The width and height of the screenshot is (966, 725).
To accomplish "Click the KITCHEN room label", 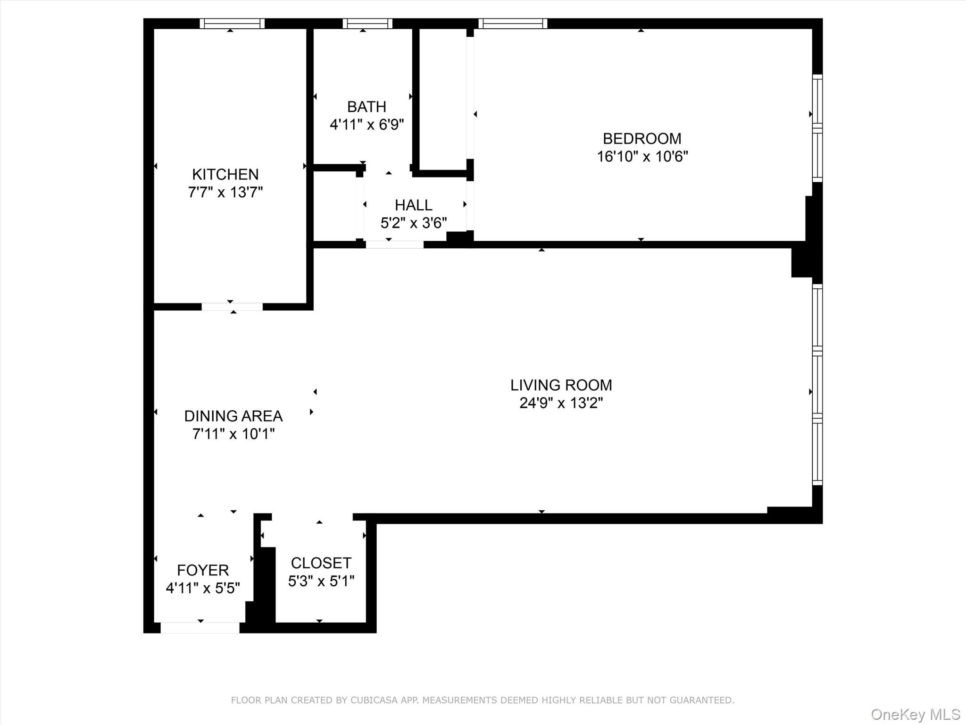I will click(x=225, y=175).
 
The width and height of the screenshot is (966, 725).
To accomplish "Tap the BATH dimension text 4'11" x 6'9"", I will click(x=366, y=125).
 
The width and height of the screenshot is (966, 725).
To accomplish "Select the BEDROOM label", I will click(x=642, y=139).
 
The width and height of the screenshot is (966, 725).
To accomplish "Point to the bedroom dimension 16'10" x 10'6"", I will click(x=642, y=157).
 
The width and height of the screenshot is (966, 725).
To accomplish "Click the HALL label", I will click(x=413, y=205).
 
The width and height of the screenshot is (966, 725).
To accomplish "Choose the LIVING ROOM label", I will click(x=561, y=385).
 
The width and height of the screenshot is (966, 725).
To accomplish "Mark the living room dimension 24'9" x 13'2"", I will click(x=561, y=403).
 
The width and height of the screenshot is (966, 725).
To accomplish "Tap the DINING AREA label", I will click(x=233, y=416).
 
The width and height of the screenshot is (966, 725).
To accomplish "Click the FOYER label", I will click(x=203, y=570).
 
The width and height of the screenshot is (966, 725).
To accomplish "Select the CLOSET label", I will click(x=321, y=563).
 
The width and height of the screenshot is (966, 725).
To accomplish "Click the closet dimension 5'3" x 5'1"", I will click(x=321, y=581).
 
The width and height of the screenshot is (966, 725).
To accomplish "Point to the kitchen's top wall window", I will click(x=232, y=24).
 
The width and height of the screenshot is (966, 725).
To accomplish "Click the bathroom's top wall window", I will click(x=367, y=24).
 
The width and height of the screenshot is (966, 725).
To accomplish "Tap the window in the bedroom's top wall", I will click(x=512, y=24).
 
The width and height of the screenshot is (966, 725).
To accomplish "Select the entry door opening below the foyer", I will click(x=200, y=628).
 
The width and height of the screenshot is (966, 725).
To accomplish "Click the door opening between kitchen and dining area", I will click(x=232, y=307).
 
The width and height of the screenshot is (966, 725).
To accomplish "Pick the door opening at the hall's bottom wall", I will click(x=394, y=244).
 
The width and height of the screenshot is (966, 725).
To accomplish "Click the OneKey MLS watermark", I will click(x=915, y=715).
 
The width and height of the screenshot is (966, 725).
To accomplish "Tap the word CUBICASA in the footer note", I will click(x=373, y=700).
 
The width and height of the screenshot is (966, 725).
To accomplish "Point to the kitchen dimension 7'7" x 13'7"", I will click(x=225, y=193).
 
